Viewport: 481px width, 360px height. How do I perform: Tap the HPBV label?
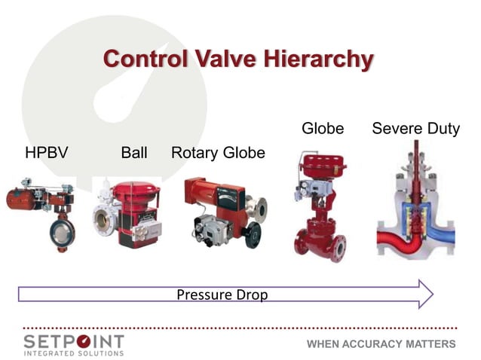coord(47,153)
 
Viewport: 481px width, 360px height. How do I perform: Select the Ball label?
coord(134,153)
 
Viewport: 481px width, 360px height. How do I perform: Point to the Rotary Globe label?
coord(218,153)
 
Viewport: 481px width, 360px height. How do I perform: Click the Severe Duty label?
coord(415,129)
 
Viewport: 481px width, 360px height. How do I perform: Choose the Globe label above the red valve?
coord(323,129)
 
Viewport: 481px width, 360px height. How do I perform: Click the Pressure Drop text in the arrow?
coord(222,294)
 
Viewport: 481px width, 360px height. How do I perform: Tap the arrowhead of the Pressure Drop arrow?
coord(425,294)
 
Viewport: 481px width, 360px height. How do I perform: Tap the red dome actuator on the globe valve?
coord(323,163)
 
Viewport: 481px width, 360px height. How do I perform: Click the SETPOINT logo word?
coord(73,341)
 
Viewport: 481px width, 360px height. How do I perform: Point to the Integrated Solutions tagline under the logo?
coord(73,353)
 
